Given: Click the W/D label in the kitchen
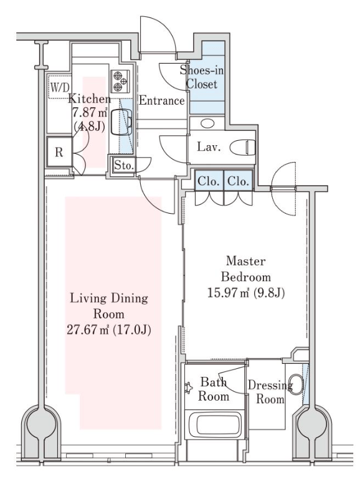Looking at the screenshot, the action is point(60,88).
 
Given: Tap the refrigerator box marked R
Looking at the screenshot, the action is point(59,152).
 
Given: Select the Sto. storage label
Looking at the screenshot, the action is point(124,166).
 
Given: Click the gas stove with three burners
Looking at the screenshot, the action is point(120,82).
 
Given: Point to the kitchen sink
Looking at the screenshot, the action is point(121,122).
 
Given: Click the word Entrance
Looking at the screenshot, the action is point(161,100).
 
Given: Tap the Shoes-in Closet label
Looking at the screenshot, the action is point(202,77).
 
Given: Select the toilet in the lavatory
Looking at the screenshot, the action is point(242,147).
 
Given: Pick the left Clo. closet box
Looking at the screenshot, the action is point(209,181).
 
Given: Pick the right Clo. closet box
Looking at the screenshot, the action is point(239,181).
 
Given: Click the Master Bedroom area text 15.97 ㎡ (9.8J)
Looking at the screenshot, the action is point(246,293).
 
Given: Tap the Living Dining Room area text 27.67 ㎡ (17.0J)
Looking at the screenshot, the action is point(109,330).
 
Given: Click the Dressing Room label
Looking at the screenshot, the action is point(270,392).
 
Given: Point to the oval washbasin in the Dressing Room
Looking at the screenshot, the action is point(297,384).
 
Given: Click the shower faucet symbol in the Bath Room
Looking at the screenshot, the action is point(188,388).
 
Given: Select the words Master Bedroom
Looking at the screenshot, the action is point(246,269).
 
